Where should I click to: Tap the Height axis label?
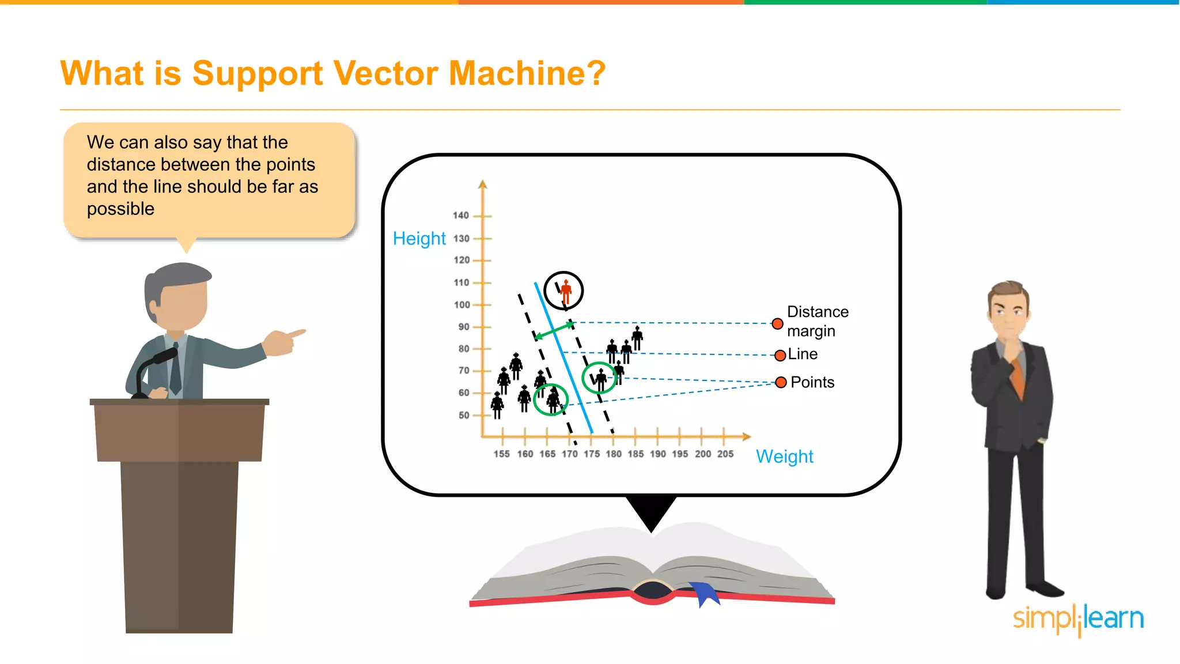419,239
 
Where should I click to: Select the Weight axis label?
784,456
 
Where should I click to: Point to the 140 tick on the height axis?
461,216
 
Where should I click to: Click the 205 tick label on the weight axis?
725,454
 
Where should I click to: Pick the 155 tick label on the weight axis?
501,454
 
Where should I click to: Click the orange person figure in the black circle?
566,291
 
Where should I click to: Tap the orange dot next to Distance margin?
777,324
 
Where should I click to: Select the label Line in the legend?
803,354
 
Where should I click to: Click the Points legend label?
812,382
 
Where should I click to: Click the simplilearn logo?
1078,619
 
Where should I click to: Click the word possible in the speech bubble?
120,209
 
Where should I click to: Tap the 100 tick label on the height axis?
462,305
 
